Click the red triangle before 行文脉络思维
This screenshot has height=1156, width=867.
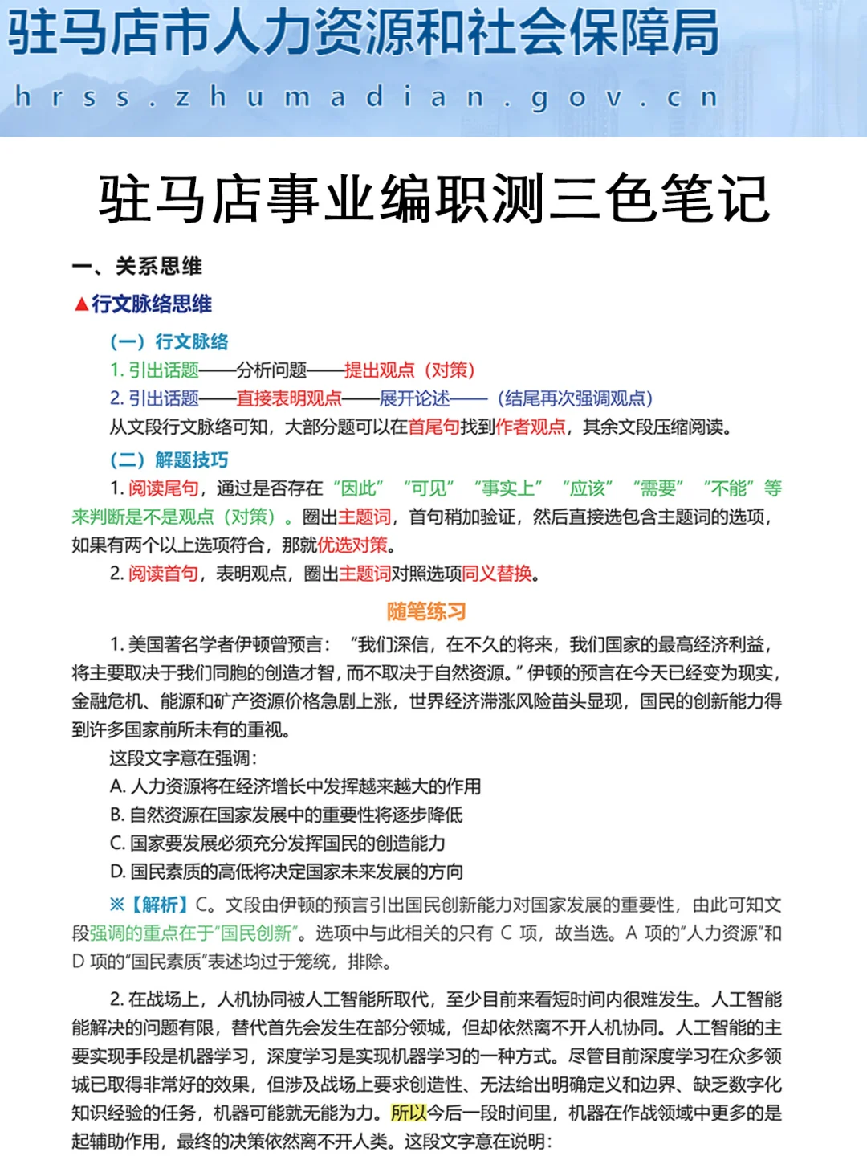pyautogui.click(x=80, y=304)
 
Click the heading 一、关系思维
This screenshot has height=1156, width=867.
pyautogui.click(x=137, y=266)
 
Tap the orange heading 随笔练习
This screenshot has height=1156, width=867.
pyautogui.click(x=426, y=611)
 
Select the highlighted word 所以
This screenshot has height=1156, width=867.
pyautogui.click(x=409, y=1113)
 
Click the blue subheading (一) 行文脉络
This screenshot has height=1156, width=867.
pyautogui.click(x=169, y=341)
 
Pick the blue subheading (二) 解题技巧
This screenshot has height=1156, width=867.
pyautogui.click(x=169, y=460)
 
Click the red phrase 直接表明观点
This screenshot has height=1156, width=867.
pyautogui.click(x=289, y=398)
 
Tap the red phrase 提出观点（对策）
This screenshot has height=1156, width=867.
pyautogui.click(x=410, y=370)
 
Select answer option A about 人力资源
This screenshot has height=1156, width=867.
pyautogui.click(x=295, y=786)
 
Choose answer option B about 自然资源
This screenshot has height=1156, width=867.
pyautogui.click(x=287, y=815)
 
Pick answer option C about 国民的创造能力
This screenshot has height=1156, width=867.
pyautogui.click(x=278, y=843)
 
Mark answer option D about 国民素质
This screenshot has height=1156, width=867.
pyautogui.click(x=287, y=872)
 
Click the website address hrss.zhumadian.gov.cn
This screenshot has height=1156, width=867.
pyautogui.click(x=366, y=98)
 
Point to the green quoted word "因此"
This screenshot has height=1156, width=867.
pyautogui.click(x=358, y=488)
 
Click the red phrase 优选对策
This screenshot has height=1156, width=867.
pyautogui.click(x=353, y=545)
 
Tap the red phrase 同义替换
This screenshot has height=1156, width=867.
pyautogui.click(x=497, y=574)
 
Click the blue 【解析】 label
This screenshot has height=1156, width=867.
pyautogui.click(x=159, y=905)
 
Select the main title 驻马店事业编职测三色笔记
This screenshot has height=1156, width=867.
pyautogui.click(x=433, y=198)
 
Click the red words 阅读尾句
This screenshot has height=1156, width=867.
pyautogui.click(x=164, y=488)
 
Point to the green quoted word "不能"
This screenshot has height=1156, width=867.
pyautogui.click(x=729, y=488)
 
